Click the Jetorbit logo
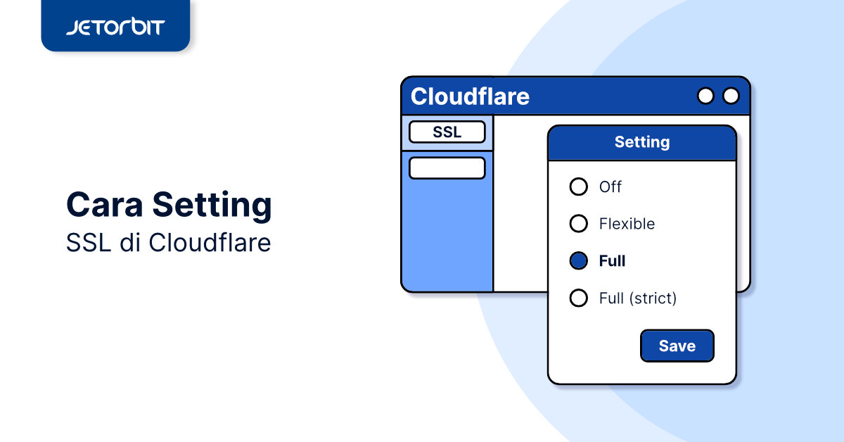115,27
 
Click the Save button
677,346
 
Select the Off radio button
578,187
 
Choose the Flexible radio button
578,224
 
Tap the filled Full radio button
578,260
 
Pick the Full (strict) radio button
578,298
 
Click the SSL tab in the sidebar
447,132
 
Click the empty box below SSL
447,168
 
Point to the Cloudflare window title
470,96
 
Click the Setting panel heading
642,141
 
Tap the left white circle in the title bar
705,96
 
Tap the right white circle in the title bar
731,96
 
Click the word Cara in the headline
104,205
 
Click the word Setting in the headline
212,206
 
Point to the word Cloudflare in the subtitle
210,242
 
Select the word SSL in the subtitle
89,243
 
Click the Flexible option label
627,224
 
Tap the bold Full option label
613,261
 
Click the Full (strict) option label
638,298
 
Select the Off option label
610,187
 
